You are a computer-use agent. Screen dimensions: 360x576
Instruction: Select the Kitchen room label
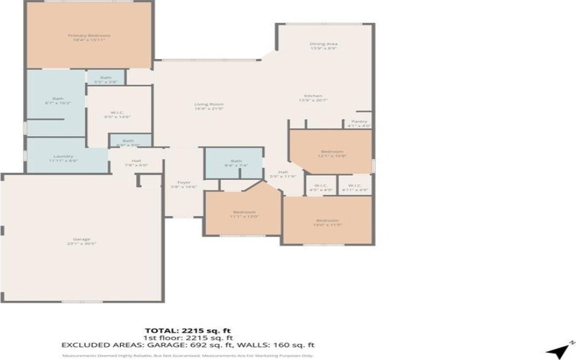pos(312,98)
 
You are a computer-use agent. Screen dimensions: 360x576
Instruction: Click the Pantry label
pos(359,123)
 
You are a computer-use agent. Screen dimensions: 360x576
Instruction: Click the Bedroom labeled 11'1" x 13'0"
pos(244,214)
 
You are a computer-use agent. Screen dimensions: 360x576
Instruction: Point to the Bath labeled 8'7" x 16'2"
pos(58,101)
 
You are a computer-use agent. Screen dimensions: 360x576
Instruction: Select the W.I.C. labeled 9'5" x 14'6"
pos(117,114)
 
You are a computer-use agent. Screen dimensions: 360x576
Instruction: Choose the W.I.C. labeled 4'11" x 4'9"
pos(354,188)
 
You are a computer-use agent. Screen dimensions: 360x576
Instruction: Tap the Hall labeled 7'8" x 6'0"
pos(135,163)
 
